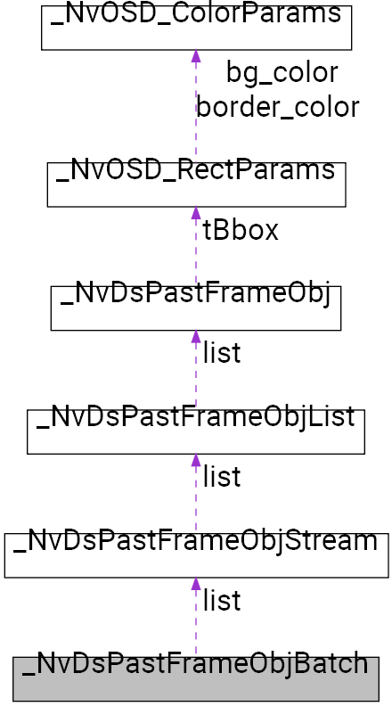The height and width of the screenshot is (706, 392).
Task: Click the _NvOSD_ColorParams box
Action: click(x=196, y=27)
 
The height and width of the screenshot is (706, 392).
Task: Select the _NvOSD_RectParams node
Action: click(x=196, y=184)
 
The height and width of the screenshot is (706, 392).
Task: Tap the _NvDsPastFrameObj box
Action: click(x=196, y=308)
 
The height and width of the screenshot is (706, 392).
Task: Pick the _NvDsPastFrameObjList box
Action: click(x=196, y=431)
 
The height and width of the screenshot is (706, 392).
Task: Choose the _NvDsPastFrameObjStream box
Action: click(x=196, y=554)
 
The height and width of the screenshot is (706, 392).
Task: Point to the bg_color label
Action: click(x=282, y=73)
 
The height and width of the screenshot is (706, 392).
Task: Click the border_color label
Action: click(x=278, y=107)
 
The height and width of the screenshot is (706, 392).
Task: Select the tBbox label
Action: click(x=241, y=230)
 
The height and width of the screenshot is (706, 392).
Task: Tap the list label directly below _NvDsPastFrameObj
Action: click(x=222, y=353)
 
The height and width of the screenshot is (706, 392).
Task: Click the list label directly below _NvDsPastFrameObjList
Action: click(x=222, y=477)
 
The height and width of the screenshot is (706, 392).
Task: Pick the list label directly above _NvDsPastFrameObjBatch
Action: click(x=222, y=601)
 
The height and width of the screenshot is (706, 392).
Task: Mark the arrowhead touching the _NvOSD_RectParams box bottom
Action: click(x=196, y=214)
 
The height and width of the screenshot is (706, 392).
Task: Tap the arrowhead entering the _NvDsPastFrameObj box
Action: click(x=196, y=338)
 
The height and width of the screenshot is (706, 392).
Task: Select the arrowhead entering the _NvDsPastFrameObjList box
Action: click(x=196, y=461)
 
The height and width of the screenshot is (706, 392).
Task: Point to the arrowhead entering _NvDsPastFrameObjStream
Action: click(x=196, y=585)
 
